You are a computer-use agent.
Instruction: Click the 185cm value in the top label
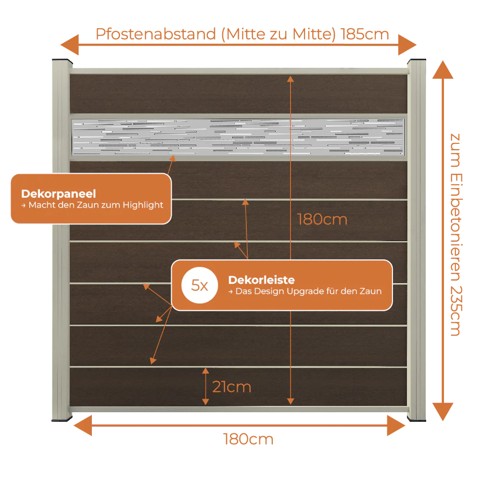pyautogui.click(x=365, y=34)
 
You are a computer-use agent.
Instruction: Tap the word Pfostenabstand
pyautogui.click(x=156, y=34)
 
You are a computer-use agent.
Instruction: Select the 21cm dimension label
pyautogui.click(x=232, y=387)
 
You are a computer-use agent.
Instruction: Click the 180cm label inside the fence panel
pyautogui.click(x=322, y=219)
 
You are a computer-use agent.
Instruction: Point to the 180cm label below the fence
pyautogui.click(x=248, y=439)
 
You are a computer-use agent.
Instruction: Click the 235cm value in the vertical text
pyautogui.click(x=456, y=311)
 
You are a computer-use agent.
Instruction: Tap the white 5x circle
pyautogui.click(x=200, y=285)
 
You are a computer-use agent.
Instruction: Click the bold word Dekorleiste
pyautogui.click(x=261, y=280)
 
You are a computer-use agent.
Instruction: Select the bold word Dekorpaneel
pyautogui.click(x=59, y=194)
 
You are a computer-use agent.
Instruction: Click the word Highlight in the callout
pyautogui.click(x=143, y=205)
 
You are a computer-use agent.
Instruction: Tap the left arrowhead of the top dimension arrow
pyautogui.click(x=70, y=45)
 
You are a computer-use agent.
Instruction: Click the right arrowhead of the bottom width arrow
pyautogui.click(x=396, y=426)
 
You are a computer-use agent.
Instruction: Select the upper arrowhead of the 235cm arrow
pyautogui.click(x=443, y=70)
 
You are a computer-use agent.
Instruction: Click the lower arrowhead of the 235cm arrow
pyautogui.click(x=443, y=412)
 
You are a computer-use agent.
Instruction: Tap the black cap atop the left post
pyautogui.click(x=62, y=61)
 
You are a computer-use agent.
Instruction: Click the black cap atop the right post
pyautogui.click(x=417, y=61)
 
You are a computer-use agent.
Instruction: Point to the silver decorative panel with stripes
pyautogui.click(x=239, y=137)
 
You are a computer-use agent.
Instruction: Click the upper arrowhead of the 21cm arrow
pyautogui.click(x=205, y=371)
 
